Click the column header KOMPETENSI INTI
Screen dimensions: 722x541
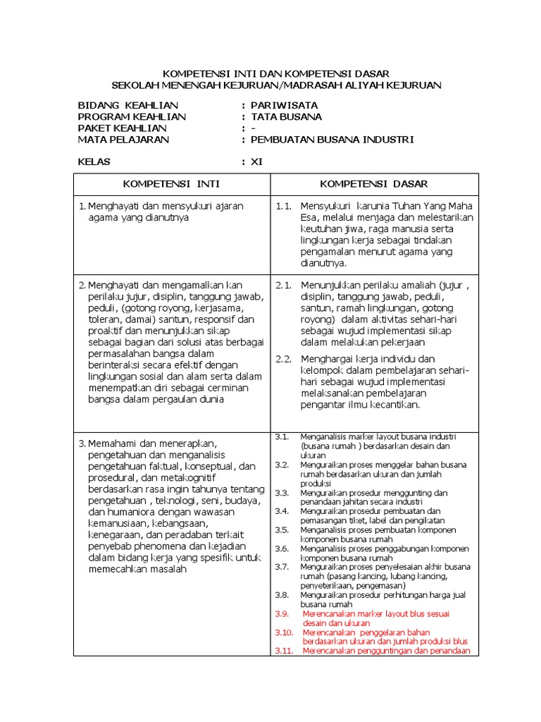click(171, 184)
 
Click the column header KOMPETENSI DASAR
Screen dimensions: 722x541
click(373, 184)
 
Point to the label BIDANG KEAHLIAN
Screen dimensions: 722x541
click(128, 106)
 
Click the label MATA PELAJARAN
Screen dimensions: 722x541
click(123, 140)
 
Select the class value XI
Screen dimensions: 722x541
click(256, 162)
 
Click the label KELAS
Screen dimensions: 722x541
click(94, 162)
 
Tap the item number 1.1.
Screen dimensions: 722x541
click(284, 206)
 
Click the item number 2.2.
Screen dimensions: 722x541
click(284, 359)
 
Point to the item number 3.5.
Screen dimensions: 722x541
click(282, 530)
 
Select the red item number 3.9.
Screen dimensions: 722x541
click(282, 613)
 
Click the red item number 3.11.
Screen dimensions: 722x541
click(284, 651)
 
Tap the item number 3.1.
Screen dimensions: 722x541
click(282, 436)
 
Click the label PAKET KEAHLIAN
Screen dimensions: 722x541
click(122, 128)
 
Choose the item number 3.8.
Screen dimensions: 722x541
click(282, 595)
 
